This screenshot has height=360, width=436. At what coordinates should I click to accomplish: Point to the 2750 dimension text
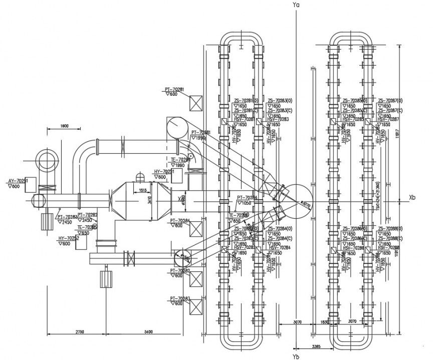point(76,331)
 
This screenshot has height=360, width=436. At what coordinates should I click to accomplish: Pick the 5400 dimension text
point(148,331)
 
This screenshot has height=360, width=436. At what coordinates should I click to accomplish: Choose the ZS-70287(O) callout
point(388,101)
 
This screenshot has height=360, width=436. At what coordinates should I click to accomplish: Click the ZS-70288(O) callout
point(388,229)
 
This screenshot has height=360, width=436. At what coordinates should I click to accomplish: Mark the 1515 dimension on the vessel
point(142,190)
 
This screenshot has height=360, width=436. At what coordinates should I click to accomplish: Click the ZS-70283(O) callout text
point(279,101)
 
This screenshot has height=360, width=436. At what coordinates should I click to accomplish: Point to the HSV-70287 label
point(388,119)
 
